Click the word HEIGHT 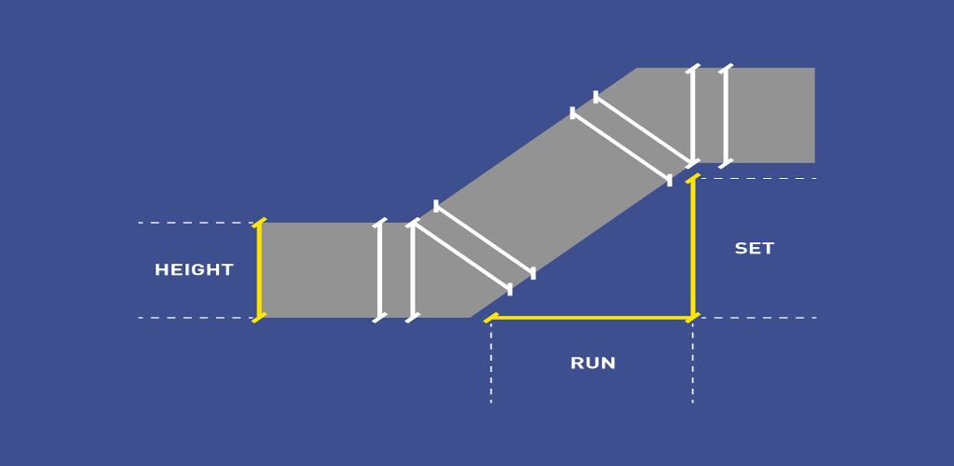194,270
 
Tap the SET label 754,249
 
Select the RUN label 593,363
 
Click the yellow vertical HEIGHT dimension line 259,270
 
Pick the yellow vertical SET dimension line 692,247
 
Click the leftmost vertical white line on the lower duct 379,270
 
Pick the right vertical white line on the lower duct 412,270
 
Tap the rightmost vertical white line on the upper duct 726,116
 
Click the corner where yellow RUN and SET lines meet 692,318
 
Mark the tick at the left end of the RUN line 491,318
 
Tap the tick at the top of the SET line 692,178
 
